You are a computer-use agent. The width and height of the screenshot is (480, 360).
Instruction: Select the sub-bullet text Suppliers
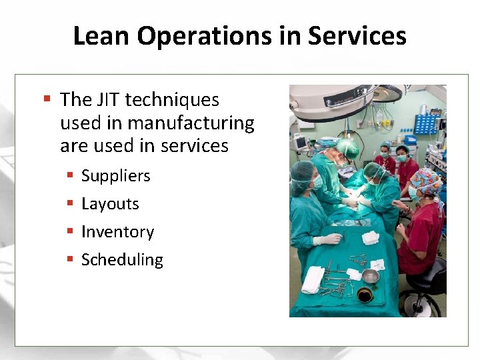[115, 176]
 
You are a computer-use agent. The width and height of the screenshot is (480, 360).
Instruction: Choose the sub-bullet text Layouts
[110, 204]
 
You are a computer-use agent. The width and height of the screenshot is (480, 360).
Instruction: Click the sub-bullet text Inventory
[117, 232]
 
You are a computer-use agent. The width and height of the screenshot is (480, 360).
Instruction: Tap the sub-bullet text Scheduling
[122, 260]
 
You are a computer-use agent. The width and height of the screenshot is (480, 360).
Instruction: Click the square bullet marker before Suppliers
[70, 176]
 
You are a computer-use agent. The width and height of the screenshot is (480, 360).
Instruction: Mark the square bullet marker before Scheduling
[70, 260]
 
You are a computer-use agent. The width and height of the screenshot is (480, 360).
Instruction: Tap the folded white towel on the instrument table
[312, 279]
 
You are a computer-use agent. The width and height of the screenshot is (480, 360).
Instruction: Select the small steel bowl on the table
[370, 276]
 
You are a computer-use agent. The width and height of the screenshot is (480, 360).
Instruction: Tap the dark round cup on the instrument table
[365, 295]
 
